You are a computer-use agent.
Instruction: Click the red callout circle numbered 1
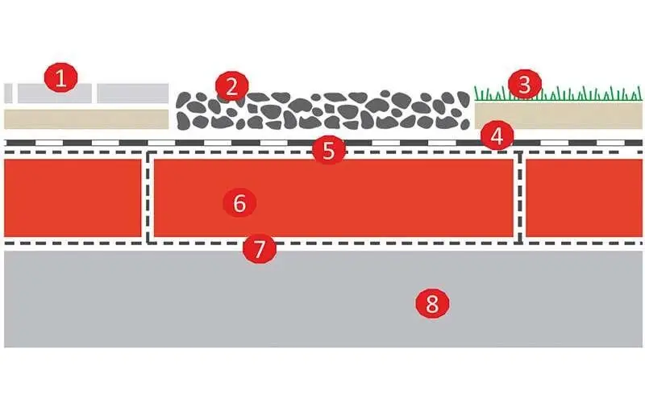tap(61, 77)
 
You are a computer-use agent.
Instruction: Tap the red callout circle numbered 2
tap(232, 86)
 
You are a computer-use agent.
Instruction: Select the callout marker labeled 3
tap(525, 85)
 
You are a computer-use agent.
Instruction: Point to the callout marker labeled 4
tap(497, 135)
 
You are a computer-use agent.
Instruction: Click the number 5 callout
tap(329, 151)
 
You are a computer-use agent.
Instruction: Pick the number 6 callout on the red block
tap(239, 202)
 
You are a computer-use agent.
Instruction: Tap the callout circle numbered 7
tap(259, 248)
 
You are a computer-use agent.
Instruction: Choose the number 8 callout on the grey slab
tap(432, 304)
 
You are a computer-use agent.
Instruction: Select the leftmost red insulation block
tap(73, 198)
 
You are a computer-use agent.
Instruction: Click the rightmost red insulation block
tap(584, 198)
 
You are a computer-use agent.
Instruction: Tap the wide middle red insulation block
tap(334, 198)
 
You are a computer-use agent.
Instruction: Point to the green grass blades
tap(558, 94)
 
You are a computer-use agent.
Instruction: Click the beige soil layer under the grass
tap(559, 115)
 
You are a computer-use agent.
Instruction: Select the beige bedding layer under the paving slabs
tap(86, 119)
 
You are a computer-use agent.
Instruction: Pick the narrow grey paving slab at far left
tap(8, 93)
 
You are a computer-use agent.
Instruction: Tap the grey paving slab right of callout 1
tap(133, 94)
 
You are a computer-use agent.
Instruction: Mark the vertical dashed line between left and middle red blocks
tap(148, 198)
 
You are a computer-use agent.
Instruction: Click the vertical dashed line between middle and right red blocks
tap(520, 198)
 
